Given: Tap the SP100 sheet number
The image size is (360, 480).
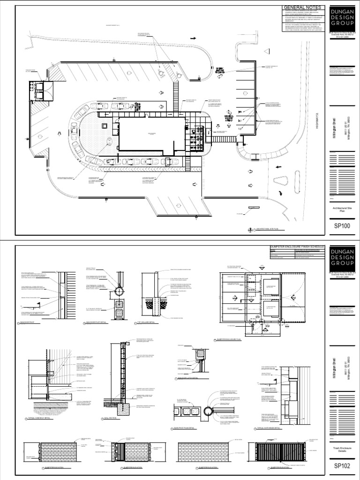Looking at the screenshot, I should coord(342,225).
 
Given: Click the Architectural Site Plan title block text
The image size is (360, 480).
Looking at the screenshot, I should coord(342,210).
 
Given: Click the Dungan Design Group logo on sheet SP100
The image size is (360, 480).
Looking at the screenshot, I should coord(342,17).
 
